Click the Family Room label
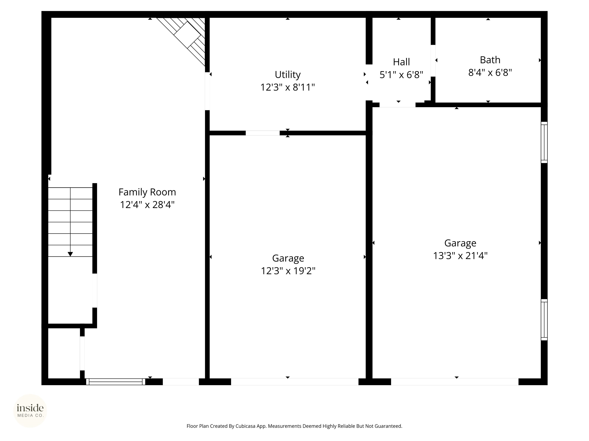pyautogui.click(x=147, y=192)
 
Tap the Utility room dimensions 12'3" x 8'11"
pyautogui.click(x=288, y=87)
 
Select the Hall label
pyautogui.click(x=401, y=62)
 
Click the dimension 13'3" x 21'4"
pyautogui.click(x=460, y=256)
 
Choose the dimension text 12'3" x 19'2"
pyautogui.click(x=288, y=271)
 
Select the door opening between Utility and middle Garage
pyautogui.click(x=262, y=133)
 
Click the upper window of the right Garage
pyautogui.click(x=544, y=142)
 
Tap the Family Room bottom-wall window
pyautogui.click(x=116, y=382)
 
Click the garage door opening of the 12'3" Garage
pyautogui.click(x=294, y=382)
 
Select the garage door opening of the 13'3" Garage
pyautogui.click(x=455, y=382)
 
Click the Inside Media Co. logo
pyautogui.click(x=30, y=411)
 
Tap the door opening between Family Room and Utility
pyautogui.click(x=207, y=91)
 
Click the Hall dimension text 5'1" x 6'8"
pyautogui.click(x=401, y=75)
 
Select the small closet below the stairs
pyautogui.click(x=64, y=353)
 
